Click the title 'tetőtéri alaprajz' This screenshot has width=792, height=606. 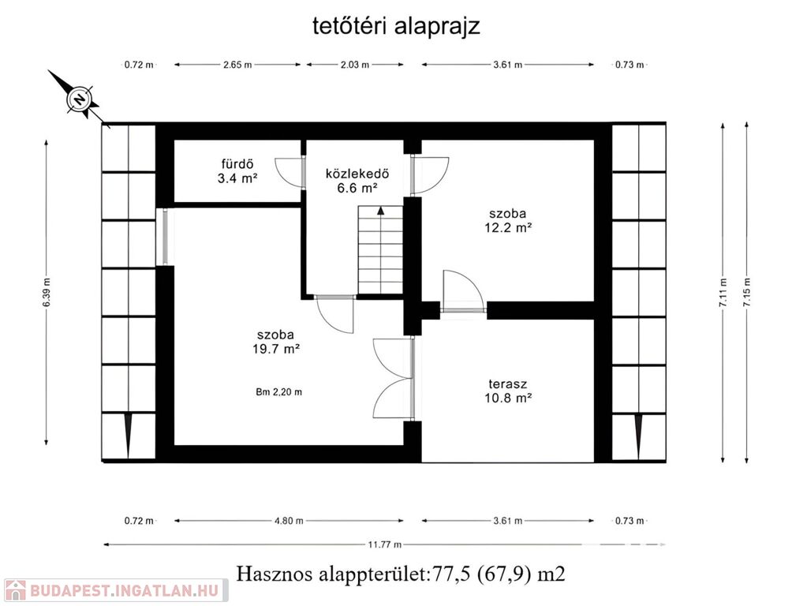396,26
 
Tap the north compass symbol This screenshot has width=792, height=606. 79,98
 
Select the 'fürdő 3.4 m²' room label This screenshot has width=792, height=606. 237,171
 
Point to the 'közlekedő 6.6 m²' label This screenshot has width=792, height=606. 357,181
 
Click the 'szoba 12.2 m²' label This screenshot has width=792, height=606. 508,220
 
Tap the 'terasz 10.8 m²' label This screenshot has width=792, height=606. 508,391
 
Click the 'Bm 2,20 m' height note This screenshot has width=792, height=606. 278,391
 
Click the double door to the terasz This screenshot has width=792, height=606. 393,379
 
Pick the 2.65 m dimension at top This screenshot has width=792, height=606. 237,65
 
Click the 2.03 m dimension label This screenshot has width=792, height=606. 354,65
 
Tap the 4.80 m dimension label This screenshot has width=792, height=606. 289,521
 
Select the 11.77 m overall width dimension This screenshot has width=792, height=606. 384,544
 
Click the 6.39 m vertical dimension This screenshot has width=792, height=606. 47,293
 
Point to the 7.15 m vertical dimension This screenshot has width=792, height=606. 746,293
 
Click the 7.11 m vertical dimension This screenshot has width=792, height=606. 723,293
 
